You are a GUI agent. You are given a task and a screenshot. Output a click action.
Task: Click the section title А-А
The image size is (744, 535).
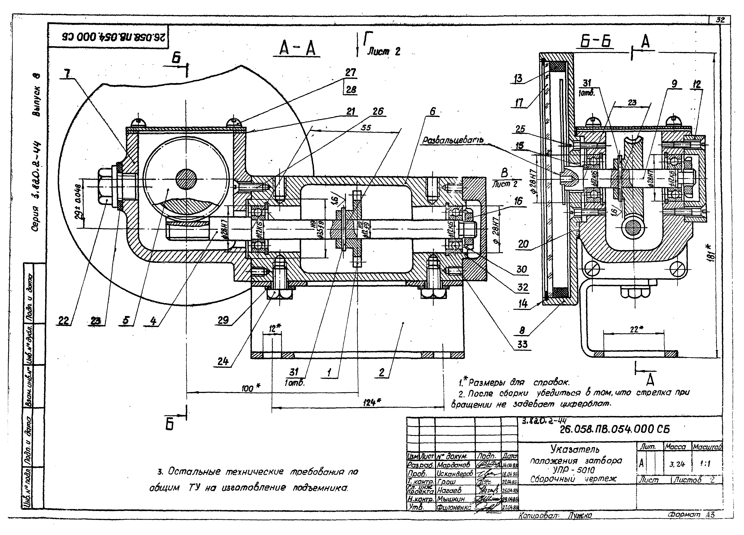point(297,49)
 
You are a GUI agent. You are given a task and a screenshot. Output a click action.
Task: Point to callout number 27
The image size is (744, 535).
point(351,73)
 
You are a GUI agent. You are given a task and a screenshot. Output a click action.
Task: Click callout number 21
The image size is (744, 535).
point(351,112)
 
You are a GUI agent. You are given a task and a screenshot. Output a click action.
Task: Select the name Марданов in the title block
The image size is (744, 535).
point(454,465)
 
